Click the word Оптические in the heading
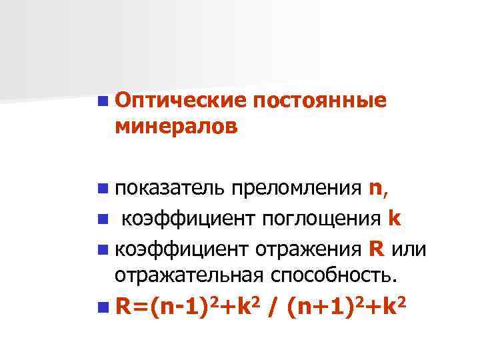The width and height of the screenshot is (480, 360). tap(181, 102)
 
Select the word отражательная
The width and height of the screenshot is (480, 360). tap(189, 273)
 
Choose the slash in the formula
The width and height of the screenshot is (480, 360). tap(275, 309)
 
